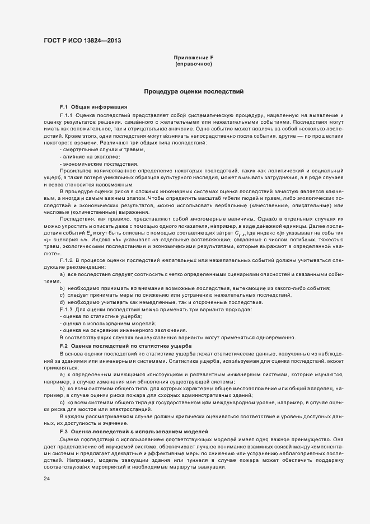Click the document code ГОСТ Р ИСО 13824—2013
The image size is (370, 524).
[x=82, y=41]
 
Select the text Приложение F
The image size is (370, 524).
[x=193, y=58]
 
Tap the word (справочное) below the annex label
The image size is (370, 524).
[x=193, y=64]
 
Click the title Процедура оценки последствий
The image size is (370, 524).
[x=193, y=91]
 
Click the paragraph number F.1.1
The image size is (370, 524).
[x=66, y=114]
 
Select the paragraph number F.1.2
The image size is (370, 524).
[x=66, y=260]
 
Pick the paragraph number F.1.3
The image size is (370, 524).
[x=66, y=310]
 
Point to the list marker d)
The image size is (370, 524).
[x=63, y=302]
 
